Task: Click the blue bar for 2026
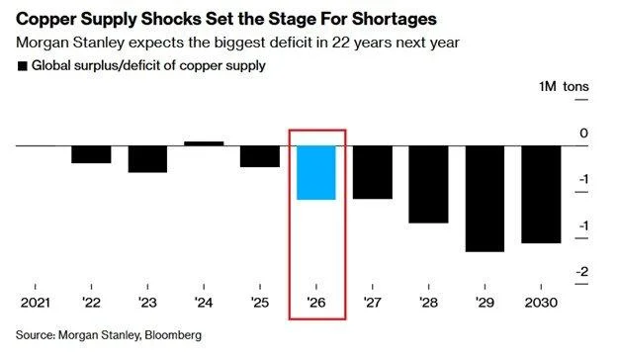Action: pyautogui.click(x=316, y=173)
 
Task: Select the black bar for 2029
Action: pyautogui.click(x=485, y=199)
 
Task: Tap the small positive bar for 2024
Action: pyautogui.click(x=204, y=143)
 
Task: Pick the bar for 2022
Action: pyautogui.click(x=91, y=154)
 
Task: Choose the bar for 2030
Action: pyautogui.click(x=541, y=194)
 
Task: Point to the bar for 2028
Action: pyautogui.click(x=428, y=184)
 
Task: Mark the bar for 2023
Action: pyautogui.click(x=147, y=159)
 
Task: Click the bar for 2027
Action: pyautogui.click(x=373, y=172)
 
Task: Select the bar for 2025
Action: pyautogui.click(x=260, y=156)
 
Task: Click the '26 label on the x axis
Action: pyautogui.click(x=316, y=302)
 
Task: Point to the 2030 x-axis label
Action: pyautogui.click(x=541, y=302)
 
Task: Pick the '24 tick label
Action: pyautogui.click(x=204, y=302)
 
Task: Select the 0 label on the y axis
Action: pyautogui.click(x=583, y=134)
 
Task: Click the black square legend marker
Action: pyautogui.click(x=22, y=66)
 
